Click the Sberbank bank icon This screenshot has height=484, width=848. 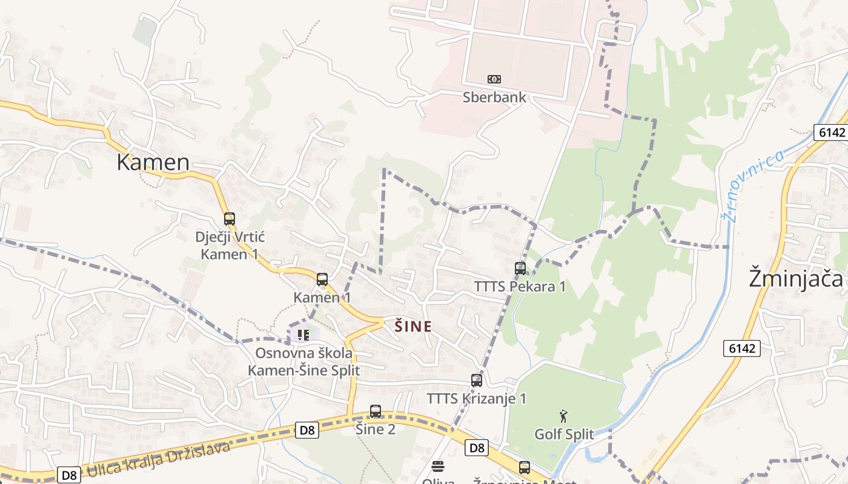pos(494,79)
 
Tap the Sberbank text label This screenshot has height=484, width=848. pos(494,97)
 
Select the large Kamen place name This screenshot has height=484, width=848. pos(153,162)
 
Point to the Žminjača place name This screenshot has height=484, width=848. pos(795,278)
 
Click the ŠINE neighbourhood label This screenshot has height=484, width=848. pos(413,327)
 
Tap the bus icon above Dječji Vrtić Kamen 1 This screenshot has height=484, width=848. pos(229,219)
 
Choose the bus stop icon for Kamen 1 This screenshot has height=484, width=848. pos(322,280)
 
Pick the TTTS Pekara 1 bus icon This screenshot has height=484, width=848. pos(520,269)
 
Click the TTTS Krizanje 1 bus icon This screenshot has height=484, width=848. pos(477,381)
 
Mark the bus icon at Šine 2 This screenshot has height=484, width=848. pos(376,411)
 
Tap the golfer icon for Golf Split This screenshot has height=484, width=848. pos(564,416)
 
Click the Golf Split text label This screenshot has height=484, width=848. pos(564,434)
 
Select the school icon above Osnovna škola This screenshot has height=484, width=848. pos(303,335)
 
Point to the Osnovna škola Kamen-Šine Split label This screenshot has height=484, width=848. pos(303,361)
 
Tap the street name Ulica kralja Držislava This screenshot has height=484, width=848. pos(159,459)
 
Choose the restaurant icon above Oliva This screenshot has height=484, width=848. pos(438,466)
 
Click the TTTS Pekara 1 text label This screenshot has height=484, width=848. pos(520,286)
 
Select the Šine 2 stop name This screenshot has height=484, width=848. pos(376,429)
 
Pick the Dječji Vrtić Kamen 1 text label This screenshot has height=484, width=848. pos(230,245)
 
